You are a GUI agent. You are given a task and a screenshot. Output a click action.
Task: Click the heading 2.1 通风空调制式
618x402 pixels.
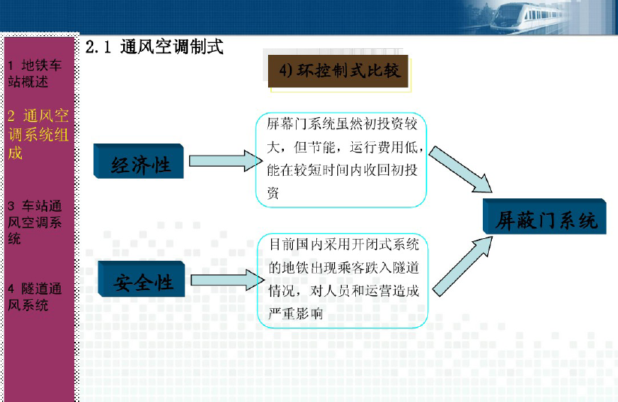(154, 47)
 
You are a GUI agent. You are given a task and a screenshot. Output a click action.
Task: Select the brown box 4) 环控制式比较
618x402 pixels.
(338, 71)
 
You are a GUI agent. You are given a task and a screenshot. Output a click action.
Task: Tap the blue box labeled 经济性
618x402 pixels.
(139, 162)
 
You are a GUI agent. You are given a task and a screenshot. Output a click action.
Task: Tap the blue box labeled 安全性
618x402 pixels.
(141, 279)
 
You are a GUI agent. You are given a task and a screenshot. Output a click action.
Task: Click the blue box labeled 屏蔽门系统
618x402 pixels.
(544, 216)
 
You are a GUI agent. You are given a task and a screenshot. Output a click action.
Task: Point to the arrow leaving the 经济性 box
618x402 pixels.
(226, 161)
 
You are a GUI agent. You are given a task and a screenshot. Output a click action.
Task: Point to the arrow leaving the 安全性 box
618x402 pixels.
(228, 280)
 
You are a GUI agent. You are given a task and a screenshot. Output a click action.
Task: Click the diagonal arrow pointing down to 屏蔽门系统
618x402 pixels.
(460, 170)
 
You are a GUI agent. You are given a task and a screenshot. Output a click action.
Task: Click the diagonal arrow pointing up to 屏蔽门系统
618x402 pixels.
(463, 266)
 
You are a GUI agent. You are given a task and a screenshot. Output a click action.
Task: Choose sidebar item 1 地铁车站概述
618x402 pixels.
(35, 74)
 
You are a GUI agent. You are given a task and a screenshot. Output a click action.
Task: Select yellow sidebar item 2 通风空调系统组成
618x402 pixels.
(38, 135)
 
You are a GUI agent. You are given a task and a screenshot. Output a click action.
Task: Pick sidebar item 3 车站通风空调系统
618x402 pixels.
(35, 222)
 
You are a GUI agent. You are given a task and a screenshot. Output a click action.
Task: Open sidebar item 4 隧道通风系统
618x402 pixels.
(35, 297)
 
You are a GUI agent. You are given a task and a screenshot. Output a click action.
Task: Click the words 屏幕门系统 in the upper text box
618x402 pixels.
(301, 124)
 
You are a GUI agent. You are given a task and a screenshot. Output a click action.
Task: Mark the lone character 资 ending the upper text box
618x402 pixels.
(273, 193)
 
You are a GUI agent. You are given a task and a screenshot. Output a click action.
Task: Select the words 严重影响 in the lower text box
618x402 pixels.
(296, 313)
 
